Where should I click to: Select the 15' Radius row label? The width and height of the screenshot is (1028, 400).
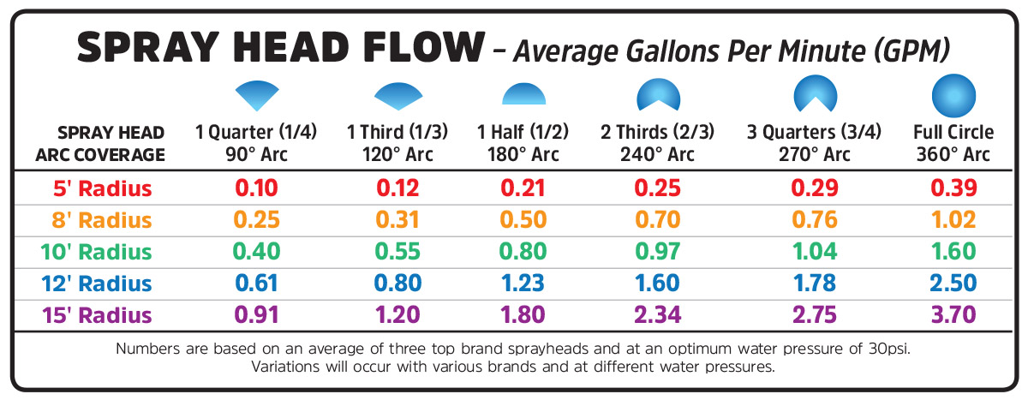97,314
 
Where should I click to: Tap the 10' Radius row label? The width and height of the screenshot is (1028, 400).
97,251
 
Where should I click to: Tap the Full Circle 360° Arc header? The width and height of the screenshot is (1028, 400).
953,143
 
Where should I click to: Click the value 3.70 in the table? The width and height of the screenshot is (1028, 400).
953,314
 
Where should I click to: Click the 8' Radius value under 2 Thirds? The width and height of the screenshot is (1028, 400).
657,219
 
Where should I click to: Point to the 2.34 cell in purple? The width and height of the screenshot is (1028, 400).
657,314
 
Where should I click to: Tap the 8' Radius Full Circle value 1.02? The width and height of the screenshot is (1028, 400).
953,219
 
